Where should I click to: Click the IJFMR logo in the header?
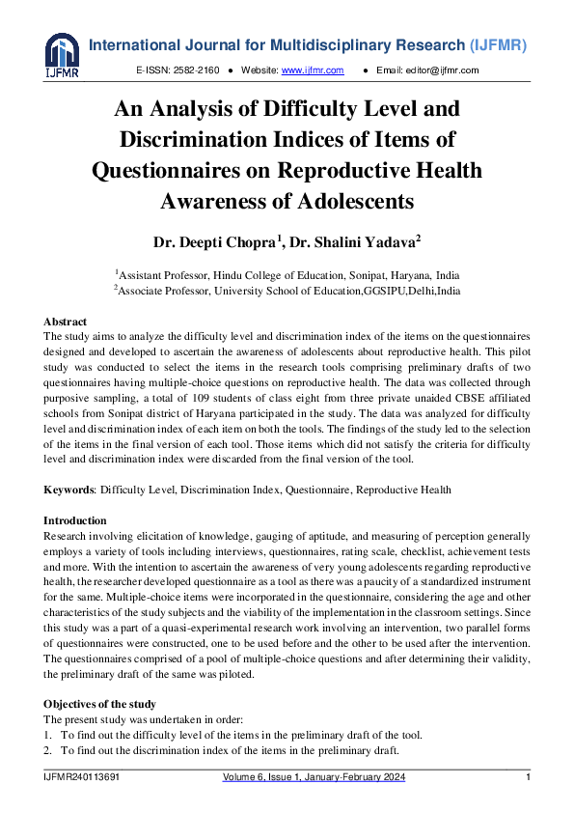coord(62,56)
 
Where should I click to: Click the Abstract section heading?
coord(65,322)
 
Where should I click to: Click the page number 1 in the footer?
coord(528,778)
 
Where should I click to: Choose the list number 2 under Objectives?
coord(47,749)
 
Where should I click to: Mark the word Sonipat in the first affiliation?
coord(329,274)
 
